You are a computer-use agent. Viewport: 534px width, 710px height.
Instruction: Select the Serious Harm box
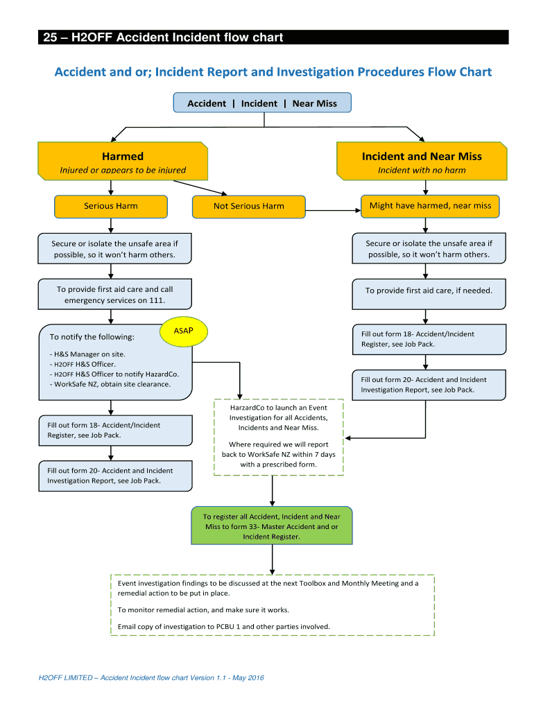111,206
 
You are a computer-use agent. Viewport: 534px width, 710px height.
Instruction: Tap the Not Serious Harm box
248,207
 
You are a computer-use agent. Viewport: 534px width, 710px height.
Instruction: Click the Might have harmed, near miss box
430,206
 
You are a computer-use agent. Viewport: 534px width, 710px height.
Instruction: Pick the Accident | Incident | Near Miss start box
262,103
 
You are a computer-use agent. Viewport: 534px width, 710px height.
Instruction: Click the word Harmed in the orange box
123,156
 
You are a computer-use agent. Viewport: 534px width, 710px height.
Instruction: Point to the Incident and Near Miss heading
422,156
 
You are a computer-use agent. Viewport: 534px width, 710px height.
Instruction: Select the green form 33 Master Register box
271,527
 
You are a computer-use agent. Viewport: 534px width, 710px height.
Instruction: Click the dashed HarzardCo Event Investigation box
279,437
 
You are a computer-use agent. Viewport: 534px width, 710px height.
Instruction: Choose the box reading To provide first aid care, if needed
429,291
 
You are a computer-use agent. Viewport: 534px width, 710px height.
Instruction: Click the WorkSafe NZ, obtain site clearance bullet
111,384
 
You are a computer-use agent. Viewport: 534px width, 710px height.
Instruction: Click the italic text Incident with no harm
422,171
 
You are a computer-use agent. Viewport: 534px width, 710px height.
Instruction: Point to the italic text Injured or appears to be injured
123,171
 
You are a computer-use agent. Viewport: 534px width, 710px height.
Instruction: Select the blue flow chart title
273,72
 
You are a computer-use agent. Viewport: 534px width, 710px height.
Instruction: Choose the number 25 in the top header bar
50,37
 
